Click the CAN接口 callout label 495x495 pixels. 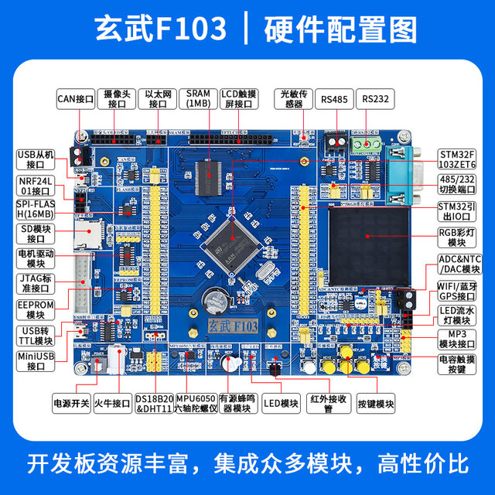coord(76,99)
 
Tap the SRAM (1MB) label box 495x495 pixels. coord(198,98)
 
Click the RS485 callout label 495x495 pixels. coord(335,99)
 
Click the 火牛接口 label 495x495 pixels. coord(113,403)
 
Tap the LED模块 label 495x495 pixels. coord(281,403)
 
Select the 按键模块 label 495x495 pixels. coord(375,403)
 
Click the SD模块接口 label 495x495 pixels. coord(36,233)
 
